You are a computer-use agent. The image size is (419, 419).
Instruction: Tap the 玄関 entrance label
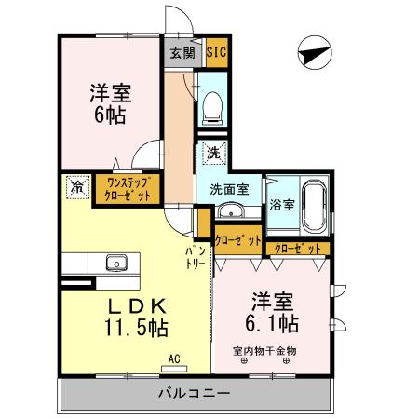(x=182, y=53)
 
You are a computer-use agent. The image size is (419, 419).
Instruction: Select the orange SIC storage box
(x=215, y=53)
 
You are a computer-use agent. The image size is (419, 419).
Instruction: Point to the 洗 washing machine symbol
(x=212, y=153)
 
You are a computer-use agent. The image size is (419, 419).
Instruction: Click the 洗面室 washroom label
(x=228, y=188)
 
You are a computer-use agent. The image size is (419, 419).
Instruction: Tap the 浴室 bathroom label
(x=282, y=203)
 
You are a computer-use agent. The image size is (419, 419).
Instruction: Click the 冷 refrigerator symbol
(x=76, y=187)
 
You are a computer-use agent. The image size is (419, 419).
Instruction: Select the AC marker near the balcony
(x=174, y=357)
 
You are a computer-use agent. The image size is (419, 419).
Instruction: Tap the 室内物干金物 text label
(x=264, y=351)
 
